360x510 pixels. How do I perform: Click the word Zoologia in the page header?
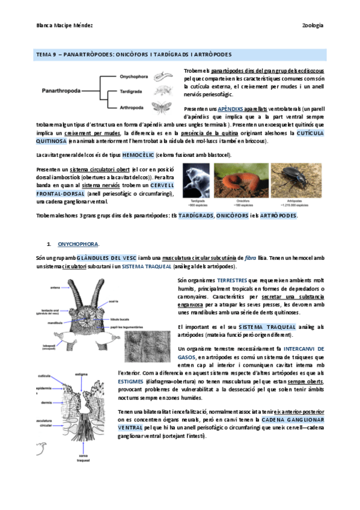[x=312, y=25]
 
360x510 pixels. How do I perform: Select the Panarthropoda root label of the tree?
[x=62, y=92]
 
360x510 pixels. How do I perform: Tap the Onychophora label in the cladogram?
[x=134, y=76]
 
